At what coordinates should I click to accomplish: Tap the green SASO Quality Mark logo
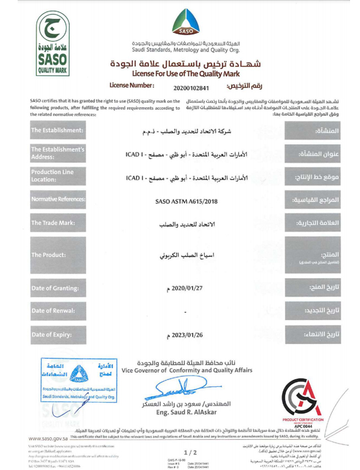coord(52,44)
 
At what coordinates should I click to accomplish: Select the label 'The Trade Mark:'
coord(53,223)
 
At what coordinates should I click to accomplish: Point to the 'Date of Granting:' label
coord(57,288)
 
